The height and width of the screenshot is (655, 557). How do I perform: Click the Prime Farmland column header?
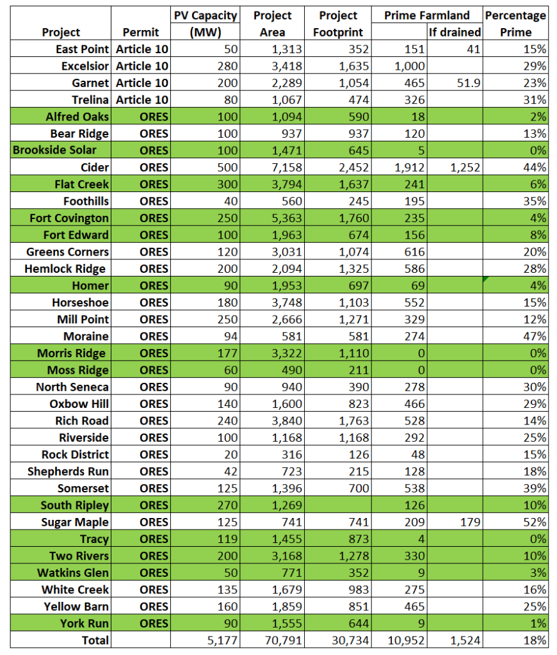coord(426,15)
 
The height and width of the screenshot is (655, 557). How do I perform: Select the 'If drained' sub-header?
coord(455,32)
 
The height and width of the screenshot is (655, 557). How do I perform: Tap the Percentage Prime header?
coord(515,24)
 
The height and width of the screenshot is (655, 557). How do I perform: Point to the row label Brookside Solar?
coord(54,150)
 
